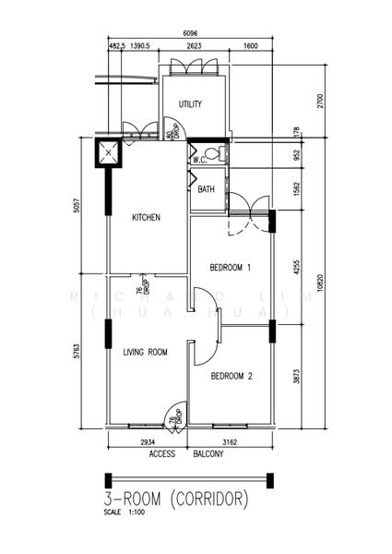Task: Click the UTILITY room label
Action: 191,104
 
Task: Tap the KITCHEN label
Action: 147,218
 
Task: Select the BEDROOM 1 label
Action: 231,268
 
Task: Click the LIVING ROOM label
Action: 145,352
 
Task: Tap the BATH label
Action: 207,189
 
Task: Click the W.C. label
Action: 199,160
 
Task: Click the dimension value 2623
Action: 193,45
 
